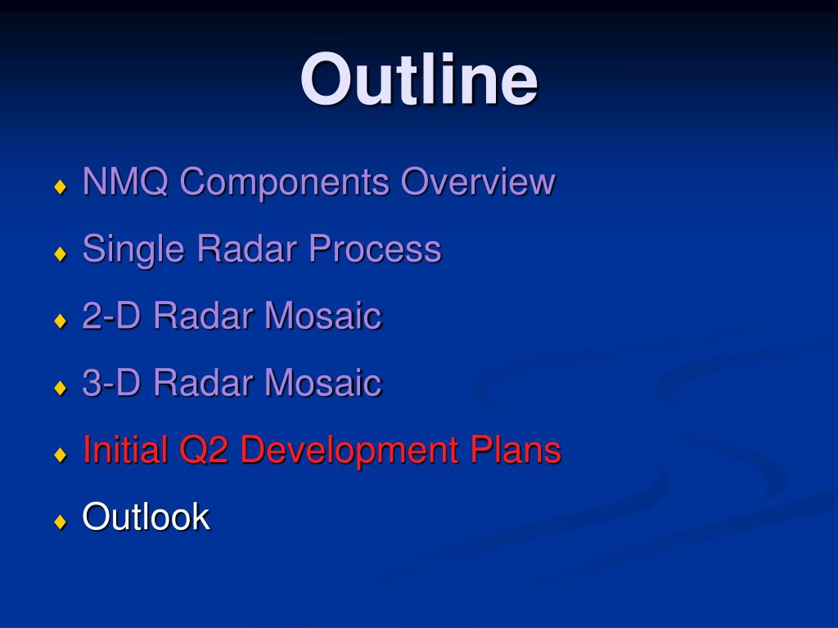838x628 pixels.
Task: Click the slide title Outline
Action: pyautogui.click(x=419, y=79)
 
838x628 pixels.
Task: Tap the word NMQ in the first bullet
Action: pyautogui.click(x=125, y=182)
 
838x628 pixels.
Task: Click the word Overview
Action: pyautogui.click(x=478, y=182)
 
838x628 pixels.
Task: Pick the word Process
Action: pyautogui.click(x=375, y=249)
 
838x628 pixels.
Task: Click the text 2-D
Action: pyautogui.click(x=111, y=316)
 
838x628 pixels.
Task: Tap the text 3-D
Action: pyautogui.click(x=111, y=383)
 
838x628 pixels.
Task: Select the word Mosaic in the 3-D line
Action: pyautogui.click(x=323, y=383)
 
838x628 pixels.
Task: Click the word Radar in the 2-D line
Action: pyautogui.click(x=203, y=316)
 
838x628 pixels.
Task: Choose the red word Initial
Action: pyautogui.click(x=125, y=450)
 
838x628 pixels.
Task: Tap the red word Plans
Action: pyautogui.click(x=516, y=450)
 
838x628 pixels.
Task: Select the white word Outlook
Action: pyautogui.click(x=146, y=517)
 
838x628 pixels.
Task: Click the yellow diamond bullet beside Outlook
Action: pyautogui.click(x=61, y=521)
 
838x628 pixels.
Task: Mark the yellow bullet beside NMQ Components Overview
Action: pyautogui.click(x=61, y=186)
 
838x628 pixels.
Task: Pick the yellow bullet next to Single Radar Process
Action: pyautogui.click(x=61, y=253)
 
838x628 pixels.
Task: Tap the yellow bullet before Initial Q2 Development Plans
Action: pyautogui.click(x=61, y=455)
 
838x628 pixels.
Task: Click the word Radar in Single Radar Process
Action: pyautogui.click(x=247, y=249)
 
